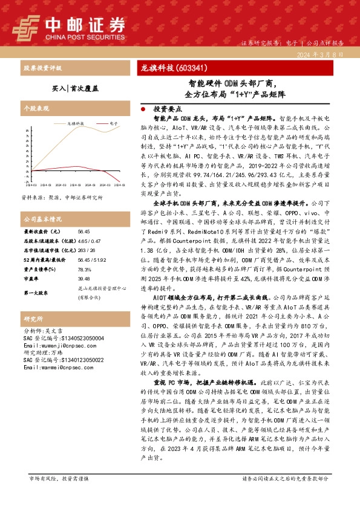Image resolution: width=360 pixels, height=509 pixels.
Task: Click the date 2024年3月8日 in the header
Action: coord(324,55)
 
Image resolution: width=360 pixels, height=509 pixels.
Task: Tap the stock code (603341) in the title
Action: coord(192,67)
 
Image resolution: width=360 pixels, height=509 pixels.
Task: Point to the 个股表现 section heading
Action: coord(34,107)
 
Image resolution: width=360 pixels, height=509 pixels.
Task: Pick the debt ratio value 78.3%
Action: coord(83,270)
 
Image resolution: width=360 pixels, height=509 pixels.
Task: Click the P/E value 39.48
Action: coord(83,279)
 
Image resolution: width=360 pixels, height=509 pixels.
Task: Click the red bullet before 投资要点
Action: coord(142,110)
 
